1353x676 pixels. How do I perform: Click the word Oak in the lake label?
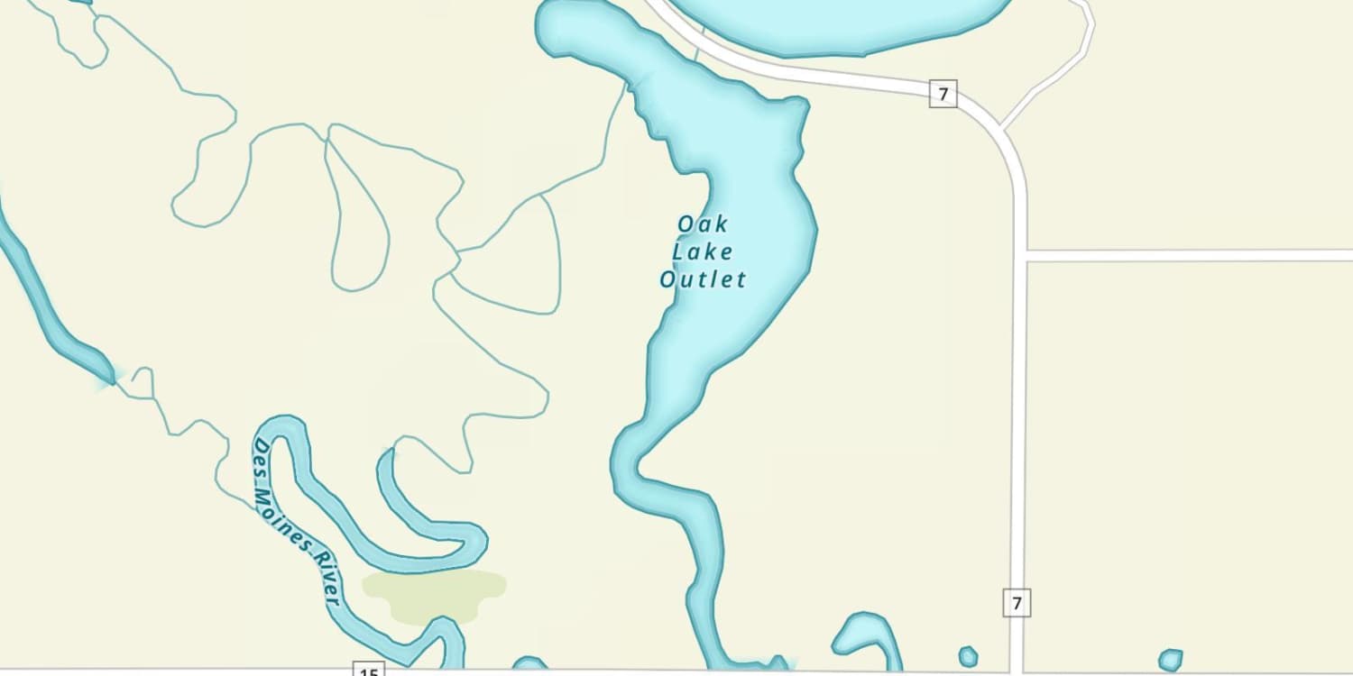click(702, 224)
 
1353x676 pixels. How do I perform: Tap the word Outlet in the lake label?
click(703, 279)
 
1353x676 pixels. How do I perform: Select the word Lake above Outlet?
click(702, 251)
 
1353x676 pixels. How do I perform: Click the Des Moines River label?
click(295, 522)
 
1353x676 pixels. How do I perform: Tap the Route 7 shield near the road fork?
click(943, 93)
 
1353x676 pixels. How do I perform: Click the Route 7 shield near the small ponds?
click(1017, 603)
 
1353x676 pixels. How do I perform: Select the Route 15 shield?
click(368, 670)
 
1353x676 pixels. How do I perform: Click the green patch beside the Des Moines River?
click(434, 593)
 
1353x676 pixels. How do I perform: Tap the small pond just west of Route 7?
click(968, 656)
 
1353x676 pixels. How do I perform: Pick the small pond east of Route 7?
click(1170, 660)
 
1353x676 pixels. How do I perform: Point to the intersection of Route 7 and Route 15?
click(1017, 671)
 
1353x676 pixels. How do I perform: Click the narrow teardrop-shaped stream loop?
click(358, 216)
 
